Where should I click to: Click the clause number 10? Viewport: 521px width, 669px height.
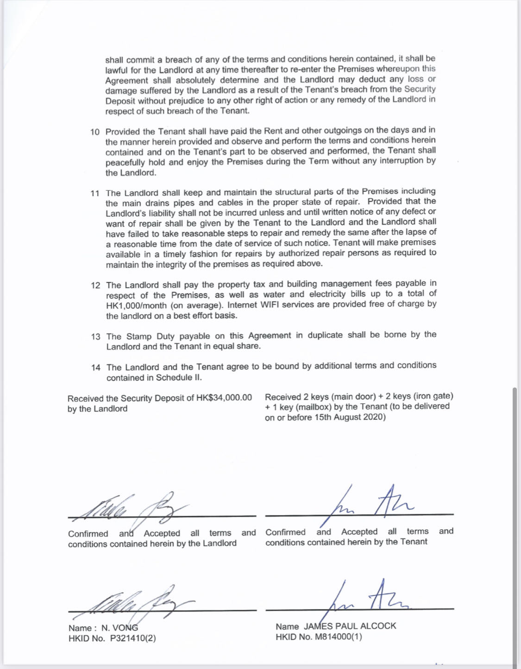(95, 132)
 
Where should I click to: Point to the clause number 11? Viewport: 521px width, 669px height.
(95, 193)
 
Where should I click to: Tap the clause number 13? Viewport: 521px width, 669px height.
(96, 337)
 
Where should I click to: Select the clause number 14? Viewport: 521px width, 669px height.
(96, 368)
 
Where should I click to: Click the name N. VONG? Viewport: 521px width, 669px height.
(119, 628)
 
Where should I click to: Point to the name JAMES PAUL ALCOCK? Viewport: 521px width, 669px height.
(350, 626)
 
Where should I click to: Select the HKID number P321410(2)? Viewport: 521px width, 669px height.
(133, 638)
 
